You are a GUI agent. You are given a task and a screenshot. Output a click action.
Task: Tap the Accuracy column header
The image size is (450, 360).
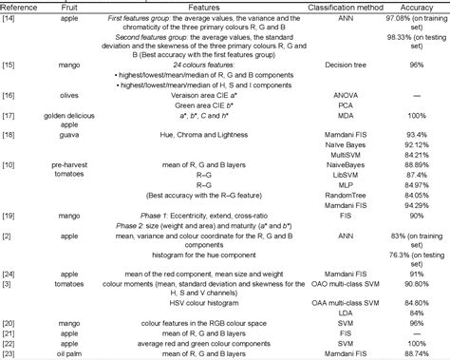coord(414,6)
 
